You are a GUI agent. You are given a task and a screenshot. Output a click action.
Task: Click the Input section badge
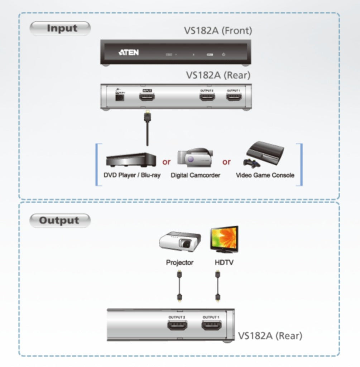(x=60, y=28)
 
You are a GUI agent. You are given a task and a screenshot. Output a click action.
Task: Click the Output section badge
(x=59, y=220)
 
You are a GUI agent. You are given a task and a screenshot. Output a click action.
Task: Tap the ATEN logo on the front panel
(x=128, y=53)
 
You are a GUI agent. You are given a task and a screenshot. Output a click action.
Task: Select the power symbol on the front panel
(x=224, y=54)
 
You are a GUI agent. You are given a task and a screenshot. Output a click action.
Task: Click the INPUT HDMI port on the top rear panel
(x=147, y=96)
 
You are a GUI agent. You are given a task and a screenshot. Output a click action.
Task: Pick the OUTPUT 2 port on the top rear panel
(x=207, y=96)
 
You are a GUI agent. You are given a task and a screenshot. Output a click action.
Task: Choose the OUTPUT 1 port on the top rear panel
(x=234, y=96)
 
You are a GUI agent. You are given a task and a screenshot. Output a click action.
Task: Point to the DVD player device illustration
(x=131, y=159)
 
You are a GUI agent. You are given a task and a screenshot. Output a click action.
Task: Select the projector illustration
(x=180, y=242)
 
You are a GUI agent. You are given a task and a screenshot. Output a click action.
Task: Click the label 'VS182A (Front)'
(x=218, y=30)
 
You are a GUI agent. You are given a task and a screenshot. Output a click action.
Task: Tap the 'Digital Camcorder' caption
(x=195, y=175)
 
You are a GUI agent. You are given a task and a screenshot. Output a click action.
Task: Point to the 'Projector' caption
(x=179, y=263)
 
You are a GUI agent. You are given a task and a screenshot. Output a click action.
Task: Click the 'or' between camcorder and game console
(x=226, y=162)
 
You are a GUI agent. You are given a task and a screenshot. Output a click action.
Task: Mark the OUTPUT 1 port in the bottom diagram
(x=211, y=327)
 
